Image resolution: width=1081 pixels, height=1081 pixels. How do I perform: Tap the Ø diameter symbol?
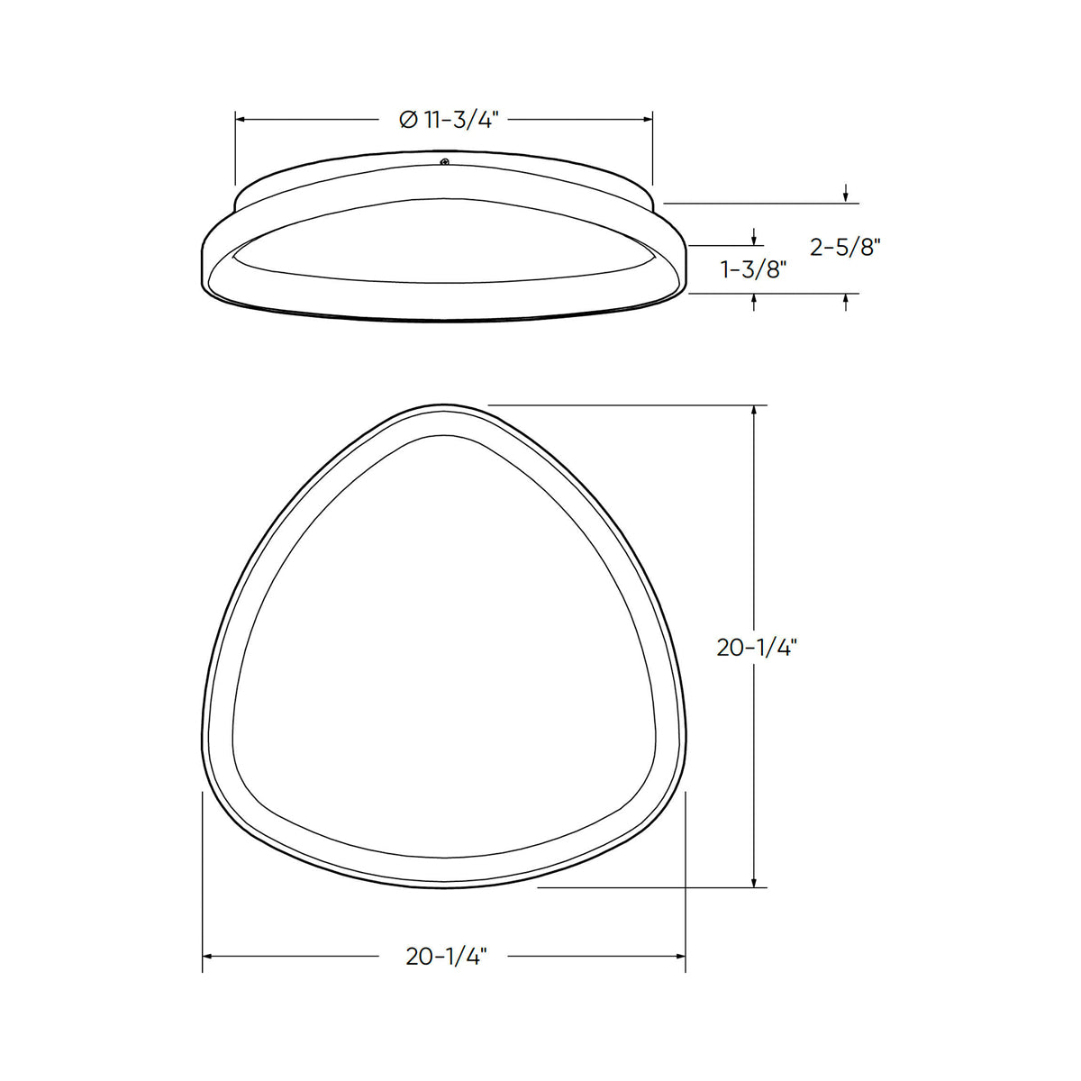(x=407, y=119)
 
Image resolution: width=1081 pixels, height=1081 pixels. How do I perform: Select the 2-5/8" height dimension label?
(x=844, y=248)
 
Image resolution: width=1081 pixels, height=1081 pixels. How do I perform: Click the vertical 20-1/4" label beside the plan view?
(x=758, y=647)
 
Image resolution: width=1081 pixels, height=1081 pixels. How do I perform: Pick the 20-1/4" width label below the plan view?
(x=446, y=957)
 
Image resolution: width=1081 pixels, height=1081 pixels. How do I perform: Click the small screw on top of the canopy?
(x=443, y=162)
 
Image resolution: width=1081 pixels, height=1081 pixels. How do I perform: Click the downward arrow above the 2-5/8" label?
(x=846, y=196)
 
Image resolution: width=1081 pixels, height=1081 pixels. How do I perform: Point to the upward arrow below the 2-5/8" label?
(x=846, y=300)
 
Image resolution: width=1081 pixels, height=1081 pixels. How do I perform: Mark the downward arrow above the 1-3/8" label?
(x=754, y=239)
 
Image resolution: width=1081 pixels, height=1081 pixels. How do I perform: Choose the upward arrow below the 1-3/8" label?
(x=754, y=300)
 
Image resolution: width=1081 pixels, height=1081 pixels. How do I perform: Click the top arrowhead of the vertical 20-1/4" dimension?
(x=754, y=412)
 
